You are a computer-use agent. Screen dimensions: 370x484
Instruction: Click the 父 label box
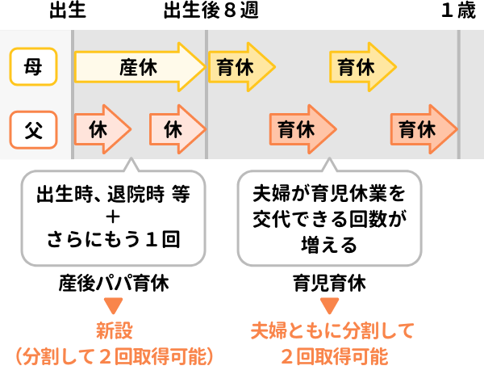[33, 129]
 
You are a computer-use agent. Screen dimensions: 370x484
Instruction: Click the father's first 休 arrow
[101, 129]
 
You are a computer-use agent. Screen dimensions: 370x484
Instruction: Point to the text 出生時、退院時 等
[113, 196]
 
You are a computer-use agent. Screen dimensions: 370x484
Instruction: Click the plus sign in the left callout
[113, 217]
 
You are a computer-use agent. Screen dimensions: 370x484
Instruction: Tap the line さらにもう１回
[113, 239]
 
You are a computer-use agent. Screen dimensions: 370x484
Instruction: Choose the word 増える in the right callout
[328, 241]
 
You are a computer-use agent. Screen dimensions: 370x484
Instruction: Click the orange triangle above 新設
[114, 306]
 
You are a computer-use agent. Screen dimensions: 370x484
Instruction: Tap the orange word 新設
[114, 331]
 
